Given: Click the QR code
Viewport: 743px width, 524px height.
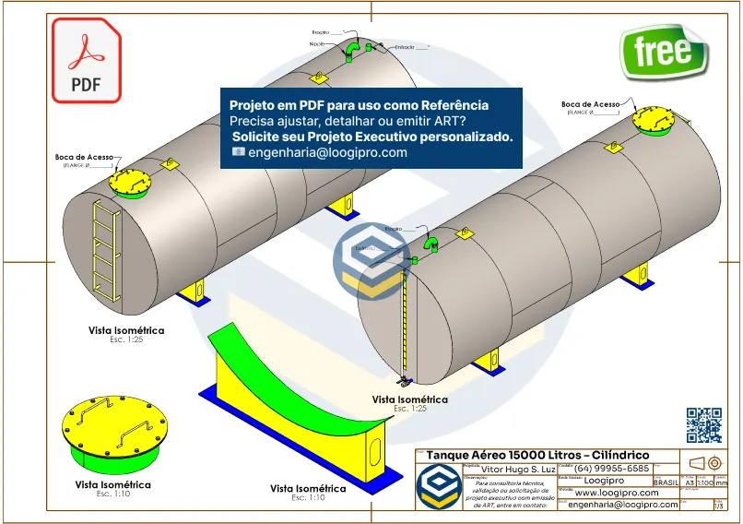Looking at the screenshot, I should (704, 424).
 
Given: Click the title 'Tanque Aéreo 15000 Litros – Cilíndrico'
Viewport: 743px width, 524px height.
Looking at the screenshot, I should (537, 456).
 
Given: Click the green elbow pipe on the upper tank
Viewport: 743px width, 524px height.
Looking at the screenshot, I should (353, 46).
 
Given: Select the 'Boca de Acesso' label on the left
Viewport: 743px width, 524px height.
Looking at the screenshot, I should (84, 158).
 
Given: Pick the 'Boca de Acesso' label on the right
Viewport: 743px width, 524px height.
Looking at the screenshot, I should (590, 105).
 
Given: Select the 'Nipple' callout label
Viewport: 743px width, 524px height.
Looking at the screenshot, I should (315, 42).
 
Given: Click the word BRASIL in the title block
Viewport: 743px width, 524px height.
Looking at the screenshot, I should (666, 482).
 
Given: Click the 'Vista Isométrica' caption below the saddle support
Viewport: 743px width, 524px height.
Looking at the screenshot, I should (308, 488).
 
